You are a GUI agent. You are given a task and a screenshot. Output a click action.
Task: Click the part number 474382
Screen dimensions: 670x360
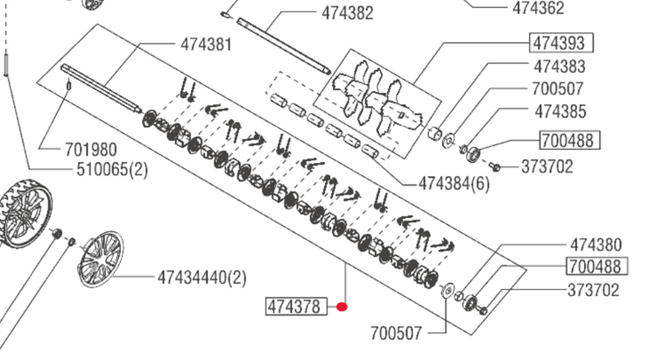tap(348, 13)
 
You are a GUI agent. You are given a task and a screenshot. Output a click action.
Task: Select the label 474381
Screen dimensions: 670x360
tap(206, 45)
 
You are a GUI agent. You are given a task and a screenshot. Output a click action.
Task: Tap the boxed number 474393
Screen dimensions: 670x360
tap(561, 43)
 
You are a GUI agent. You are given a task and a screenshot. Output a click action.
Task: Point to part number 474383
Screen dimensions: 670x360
tap(560, 67)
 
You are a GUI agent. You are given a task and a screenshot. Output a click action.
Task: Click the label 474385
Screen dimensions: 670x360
tap(561, 111)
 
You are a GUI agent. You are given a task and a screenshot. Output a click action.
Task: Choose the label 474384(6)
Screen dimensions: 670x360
tap(455, 184)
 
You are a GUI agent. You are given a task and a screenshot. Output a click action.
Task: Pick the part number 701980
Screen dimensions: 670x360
tap(91, 150)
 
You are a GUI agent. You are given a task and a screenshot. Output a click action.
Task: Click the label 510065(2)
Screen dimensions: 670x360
tap(112, 170)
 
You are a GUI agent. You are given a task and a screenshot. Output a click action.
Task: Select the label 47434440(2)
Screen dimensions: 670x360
tap(202, 278)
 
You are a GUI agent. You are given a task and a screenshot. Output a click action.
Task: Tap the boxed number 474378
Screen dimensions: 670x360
tap(296, 307)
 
